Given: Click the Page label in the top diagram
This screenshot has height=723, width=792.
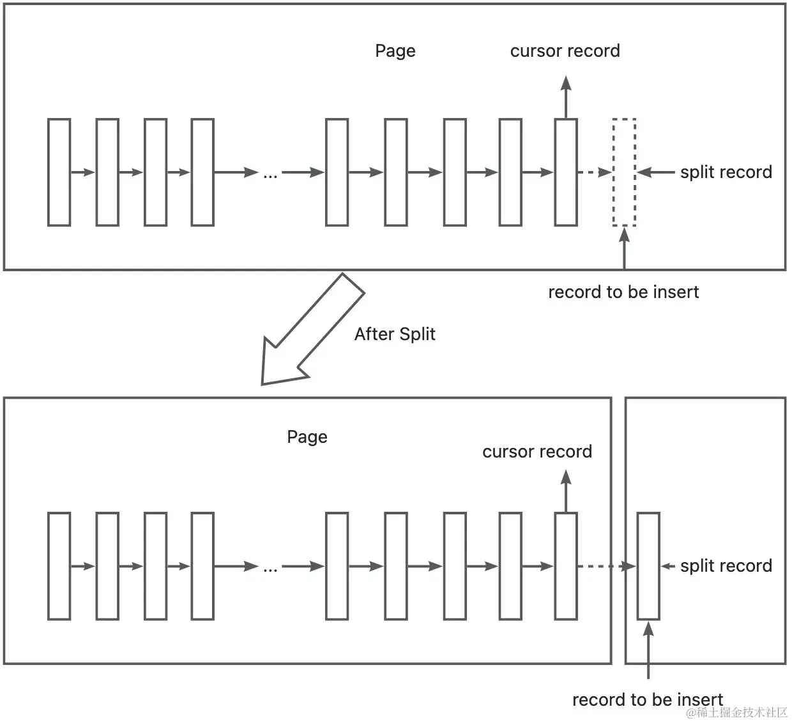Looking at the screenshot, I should click(395, 51).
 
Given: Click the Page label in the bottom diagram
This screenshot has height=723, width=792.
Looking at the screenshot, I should click(307, 437).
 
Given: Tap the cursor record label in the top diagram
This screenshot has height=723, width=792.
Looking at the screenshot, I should click(565, 51).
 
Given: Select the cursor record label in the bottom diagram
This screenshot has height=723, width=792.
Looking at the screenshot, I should click(537, 452).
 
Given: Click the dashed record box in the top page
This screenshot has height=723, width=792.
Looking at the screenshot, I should click(624, 172).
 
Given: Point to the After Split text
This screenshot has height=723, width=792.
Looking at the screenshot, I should click(395, 334).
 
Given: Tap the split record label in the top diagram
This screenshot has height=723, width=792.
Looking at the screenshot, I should click(726, 172).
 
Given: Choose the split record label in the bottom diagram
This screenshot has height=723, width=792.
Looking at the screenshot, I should click(726, 566).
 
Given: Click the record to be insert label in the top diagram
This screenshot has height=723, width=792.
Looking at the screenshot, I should click(623, 292).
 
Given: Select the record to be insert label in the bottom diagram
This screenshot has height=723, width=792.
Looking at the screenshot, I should click(647, 700).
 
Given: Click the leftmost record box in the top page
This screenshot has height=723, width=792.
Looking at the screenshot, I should click(59, 172).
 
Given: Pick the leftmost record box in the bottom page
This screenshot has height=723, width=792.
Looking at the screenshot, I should click(59, 566).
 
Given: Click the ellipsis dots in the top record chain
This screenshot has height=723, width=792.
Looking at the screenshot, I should click(270, 174).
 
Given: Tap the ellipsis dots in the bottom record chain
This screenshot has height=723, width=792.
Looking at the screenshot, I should click(270, 568).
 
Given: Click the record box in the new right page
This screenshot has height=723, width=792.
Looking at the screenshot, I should click(648, 566).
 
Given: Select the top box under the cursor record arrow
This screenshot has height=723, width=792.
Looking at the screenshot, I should click(566, 172).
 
